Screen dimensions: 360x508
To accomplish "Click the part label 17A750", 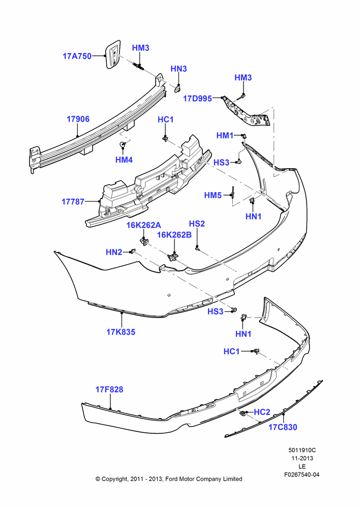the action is [x=77, y=56].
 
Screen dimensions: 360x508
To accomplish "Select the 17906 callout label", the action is [x=78, y=119].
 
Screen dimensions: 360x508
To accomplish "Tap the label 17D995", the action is [x=197, y=99].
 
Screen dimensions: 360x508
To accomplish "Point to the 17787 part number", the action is [x=73, y=202].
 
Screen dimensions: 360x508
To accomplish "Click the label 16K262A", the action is [x=143, y=225].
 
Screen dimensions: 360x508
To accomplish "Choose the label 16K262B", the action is [x=174, y=235].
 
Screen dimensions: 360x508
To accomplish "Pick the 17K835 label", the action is [x=121, y=332].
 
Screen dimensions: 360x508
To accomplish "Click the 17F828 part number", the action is [x=109, y=390].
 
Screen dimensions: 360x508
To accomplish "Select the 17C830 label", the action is [x=283, y=427].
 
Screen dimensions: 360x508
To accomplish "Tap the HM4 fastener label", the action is [x=124, y=160].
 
